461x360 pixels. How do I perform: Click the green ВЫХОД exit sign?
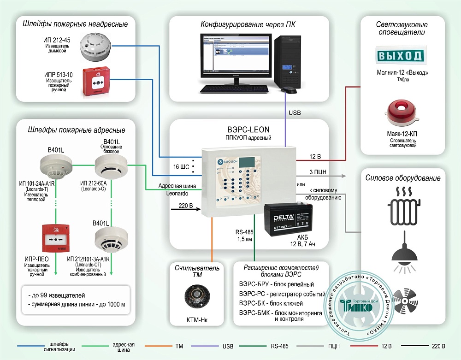400,56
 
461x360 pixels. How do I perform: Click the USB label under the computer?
295,112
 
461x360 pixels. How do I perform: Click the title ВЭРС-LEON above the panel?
250,130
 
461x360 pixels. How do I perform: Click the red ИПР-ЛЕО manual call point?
55,238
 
